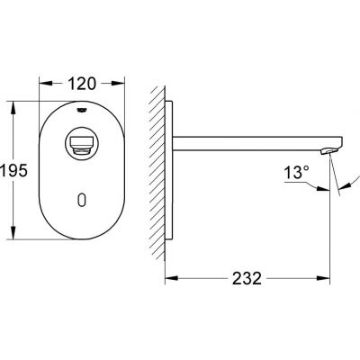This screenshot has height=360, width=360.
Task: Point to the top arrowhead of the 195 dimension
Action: [13, 102]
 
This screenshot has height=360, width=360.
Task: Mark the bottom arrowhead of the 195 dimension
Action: [13, 228]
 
